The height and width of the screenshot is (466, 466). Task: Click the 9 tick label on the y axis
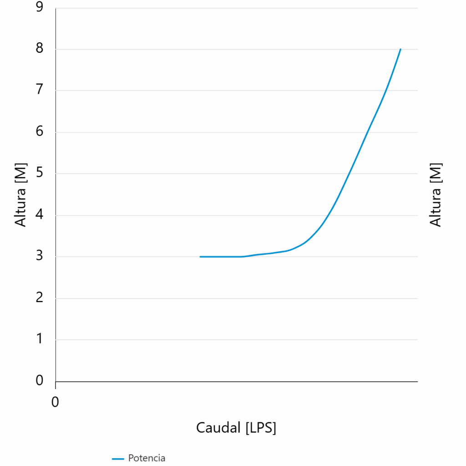(x=39, y=7)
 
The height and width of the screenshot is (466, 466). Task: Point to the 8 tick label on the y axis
(x=39, y=48)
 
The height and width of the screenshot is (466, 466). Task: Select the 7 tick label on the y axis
(x=39, y=90)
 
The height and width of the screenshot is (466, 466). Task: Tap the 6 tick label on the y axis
(x=39, y=131)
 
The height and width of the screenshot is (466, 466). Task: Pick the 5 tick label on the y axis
(x=39, y=172)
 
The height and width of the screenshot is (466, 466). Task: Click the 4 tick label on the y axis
(x=39, y=214)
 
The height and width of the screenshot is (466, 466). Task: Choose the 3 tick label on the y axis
(x=39, y=256)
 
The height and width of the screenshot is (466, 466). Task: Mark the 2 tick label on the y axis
(x=39, y=297)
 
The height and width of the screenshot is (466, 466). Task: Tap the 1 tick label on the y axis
(x=39, y=339)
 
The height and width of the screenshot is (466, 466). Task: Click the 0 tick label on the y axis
(x=39, y=380)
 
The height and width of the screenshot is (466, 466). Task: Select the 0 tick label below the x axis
(x=55, y=402)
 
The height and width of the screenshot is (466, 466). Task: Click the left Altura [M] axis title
(x=20, y=195)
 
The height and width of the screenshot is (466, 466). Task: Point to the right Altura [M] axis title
(x=436, y=195)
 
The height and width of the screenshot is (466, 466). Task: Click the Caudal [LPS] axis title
(x=236, y=428)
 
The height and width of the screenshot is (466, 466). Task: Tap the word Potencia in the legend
(x=147, y=458)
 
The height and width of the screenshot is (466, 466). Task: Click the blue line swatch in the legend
(x=118, y=459)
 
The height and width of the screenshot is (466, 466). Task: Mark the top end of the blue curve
(x=400, y=49)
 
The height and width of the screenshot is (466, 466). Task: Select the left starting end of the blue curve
(x=200, y=257)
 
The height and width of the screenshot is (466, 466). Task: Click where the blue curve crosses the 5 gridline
(x=349, y=173)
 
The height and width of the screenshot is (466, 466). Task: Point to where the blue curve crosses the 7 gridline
(x=386, y=91)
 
